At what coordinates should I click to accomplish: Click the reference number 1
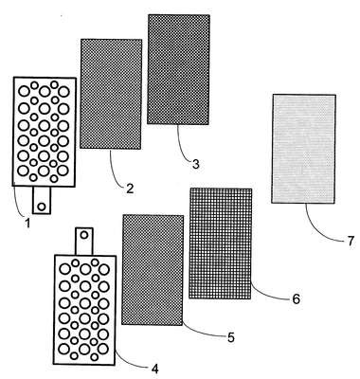coord(27,223)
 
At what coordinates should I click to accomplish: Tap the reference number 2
coord(130,189)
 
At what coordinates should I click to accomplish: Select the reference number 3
coord(196,164)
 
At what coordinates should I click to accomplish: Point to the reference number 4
coord(154,369)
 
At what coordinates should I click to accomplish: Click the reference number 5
coord(231,337)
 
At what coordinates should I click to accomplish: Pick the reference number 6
coord(296,298)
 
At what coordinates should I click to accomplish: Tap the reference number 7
coord(350,242)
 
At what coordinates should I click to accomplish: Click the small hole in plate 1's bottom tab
coord(42,207)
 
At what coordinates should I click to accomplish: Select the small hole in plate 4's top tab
coord(84,235)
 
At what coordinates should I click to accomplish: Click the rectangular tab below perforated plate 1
coord(42,200)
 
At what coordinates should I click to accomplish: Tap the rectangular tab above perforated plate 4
coord(84,242)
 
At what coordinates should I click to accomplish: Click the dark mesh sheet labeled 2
coord(111,94)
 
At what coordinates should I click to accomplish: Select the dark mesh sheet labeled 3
coord(178,69)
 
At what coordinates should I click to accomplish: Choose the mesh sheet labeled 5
coord(153,270)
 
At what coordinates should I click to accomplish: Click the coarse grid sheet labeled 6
coord(221,244)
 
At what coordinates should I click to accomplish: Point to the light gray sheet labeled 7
coord(303,149)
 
